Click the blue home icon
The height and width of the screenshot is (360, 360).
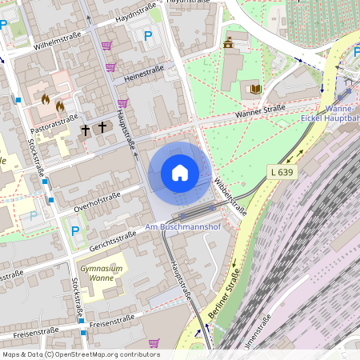click(x=179, y=172)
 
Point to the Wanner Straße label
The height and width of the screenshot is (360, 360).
click(x=260, y=114)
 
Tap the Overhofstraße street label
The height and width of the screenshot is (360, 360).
click(x=97, y=202)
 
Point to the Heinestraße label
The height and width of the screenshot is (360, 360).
click(x=144, y=74)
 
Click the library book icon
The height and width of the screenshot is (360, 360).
click(x=256, y=89)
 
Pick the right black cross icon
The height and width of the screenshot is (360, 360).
click(x=102, y=126)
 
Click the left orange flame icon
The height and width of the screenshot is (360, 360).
click(x=46, y=99)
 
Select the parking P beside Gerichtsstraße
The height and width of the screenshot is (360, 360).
click(x=75, y=231)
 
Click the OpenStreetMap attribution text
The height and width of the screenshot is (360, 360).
click(x=81, y=354)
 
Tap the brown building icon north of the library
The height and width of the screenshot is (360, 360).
click(x=229, y=42)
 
